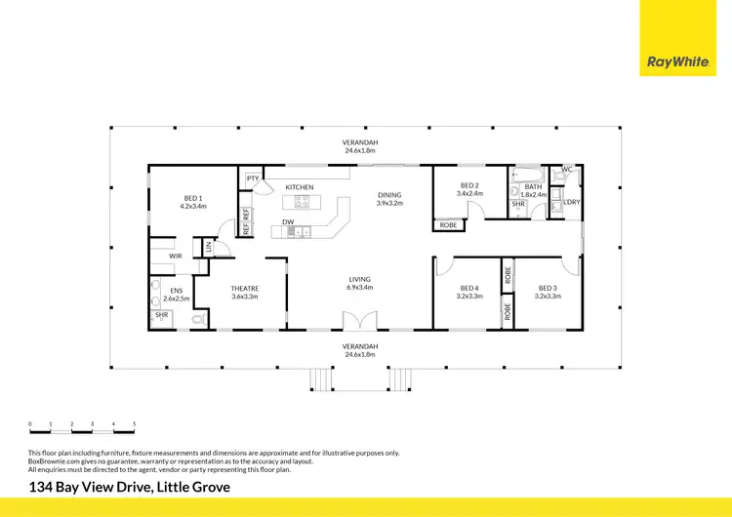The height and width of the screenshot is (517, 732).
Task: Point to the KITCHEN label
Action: click(300, 186)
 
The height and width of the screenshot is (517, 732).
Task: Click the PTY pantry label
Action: click(253, 179)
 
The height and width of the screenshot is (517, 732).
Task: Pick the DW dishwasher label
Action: click(289, 221)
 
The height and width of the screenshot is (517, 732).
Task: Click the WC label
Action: click(566, 170)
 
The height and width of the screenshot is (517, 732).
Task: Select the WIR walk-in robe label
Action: click(176, 257)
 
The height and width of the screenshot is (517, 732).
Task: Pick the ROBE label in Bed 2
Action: click(449, 225)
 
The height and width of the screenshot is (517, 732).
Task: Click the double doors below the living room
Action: click(358, 320)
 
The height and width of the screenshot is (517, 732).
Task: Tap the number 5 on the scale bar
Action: click(134, 424)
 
